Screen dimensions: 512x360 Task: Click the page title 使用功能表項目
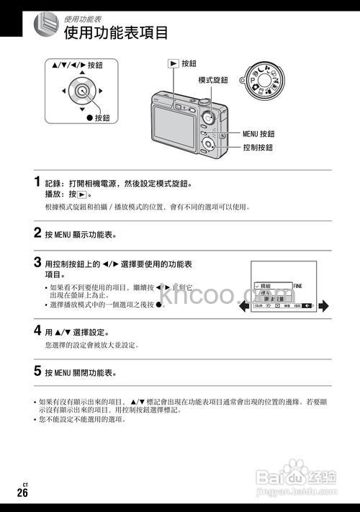click(x=116, y=33)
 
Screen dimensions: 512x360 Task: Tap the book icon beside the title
click(x=45, y=26)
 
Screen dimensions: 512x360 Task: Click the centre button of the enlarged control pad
click(x=82, y=91)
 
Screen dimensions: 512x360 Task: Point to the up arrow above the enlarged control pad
click(x=82, y=73)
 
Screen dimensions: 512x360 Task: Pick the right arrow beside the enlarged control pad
click(x=100, y=91)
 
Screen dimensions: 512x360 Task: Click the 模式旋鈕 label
click(x=214, y=79)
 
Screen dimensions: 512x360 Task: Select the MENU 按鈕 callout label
click(x=258, y=134)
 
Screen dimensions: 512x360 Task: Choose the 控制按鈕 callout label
click(x=257, y=147)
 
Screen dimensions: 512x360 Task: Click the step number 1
click(x=37, y=181)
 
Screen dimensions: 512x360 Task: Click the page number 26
click(x=23, y=493)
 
